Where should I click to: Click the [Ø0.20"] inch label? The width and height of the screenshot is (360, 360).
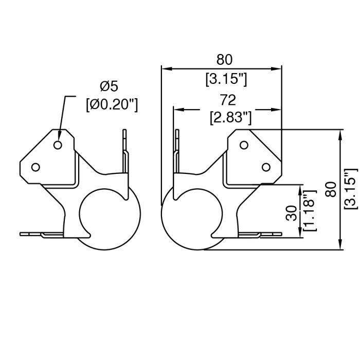pos(112,104)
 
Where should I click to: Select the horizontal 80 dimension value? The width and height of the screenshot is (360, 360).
pos(224,60)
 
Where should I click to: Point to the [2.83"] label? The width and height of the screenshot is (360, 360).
pos(230,118)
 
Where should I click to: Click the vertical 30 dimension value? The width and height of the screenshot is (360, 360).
pos(291,212)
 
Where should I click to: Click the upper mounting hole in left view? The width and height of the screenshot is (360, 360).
pos(58,145)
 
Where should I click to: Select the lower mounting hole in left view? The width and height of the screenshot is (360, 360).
pos(35,167)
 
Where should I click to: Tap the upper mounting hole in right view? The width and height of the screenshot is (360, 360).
pos(244,145)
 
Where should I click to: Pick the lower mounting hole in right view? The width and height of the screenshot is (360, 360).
pos(266,167)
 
